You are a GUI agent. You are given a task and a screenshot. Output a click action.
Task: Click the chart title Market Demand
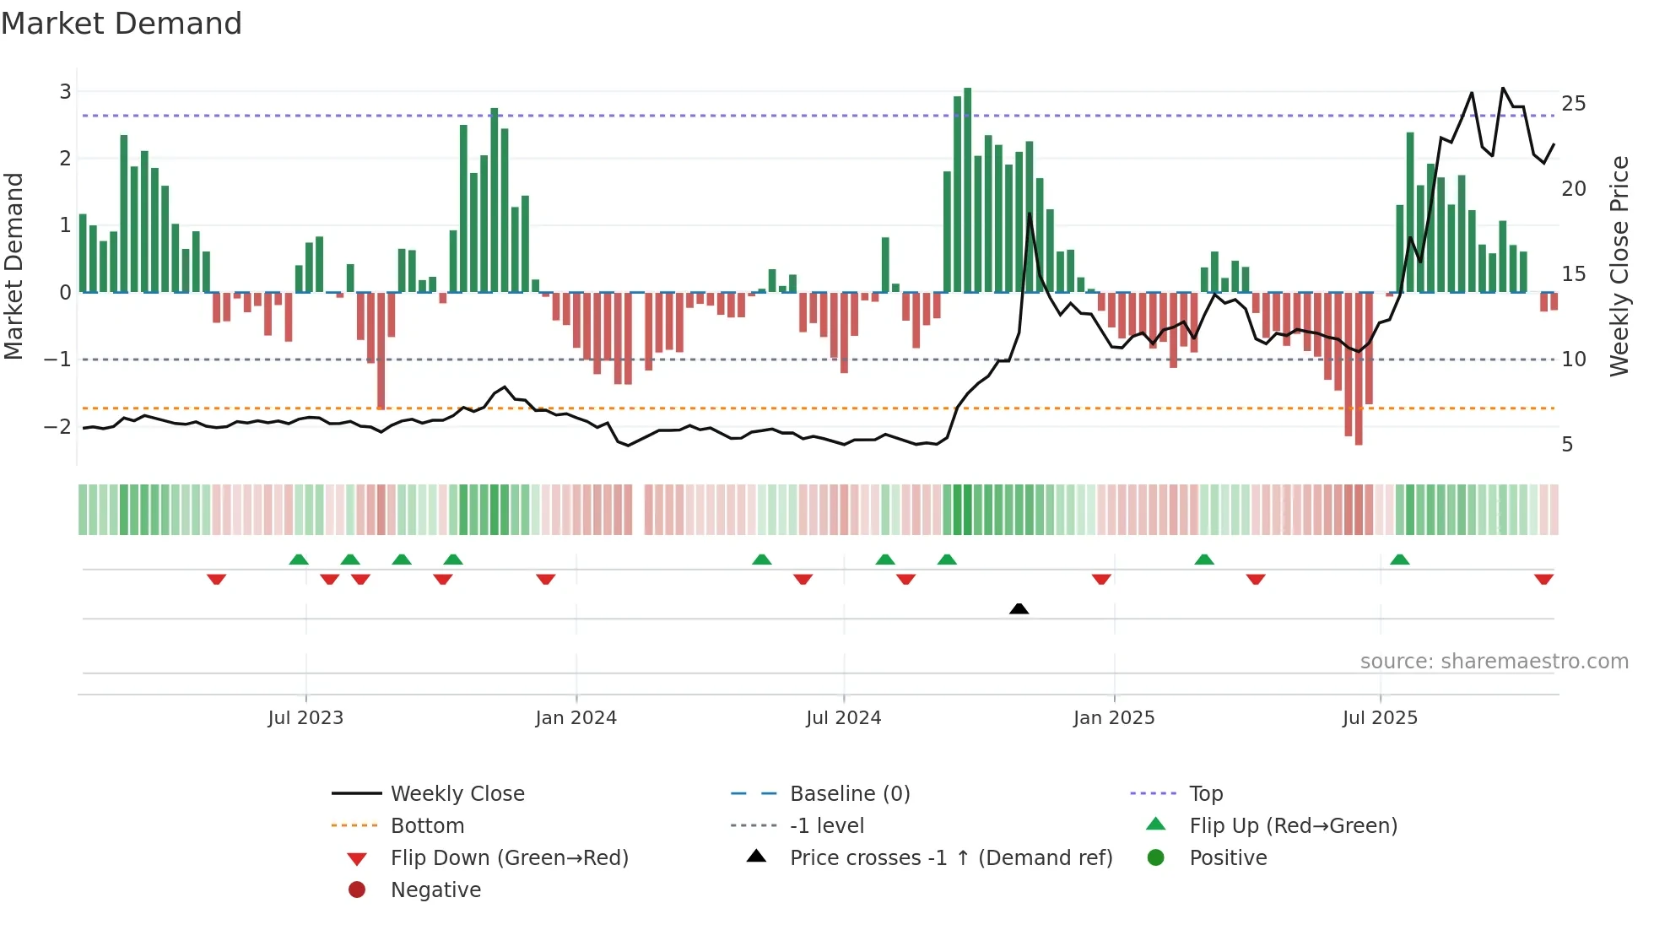[122, 24]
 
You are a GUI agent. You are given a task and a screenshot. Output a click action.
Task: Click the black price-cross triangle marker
[1019, 608]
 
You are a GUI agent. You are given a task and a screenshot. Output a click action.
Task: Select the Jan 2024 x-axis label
[576, 718]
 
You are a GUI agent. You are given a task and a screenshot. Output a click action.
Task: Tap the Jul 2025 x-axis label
[1380, 718]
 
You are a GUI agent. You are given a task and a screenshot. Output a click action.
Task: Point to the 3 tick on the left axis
[65, 91]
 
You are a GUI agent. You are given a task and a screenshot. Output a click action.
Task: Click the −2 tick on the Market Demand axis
[57, 426]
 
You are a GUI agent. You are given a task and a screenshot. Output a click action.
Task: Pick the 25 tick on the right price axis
[1573, 104]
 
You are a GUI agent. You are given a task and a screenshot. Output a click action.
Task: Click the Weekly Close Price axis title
[1619, 266]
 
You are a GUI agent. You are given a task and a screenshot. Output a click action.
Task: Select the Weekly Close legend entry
[457, 793]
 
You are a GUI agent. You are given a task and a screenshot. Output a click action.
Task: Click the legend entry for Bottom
[427, 825]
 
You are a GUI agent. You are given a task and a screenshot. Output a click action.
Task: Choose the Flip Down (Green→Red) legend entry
[509, 857]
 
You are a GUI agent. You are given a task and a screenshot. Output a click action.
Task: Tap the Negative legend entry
[435, 889]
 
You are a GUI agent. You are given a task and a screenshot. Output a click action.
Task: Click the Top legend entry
[1205, 793]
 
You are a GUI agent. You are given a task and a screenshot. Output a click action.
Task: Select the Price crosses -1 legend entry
[950, 857]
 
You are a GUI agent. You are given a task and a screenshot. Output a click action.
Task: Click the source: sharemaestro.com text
[1494, 661]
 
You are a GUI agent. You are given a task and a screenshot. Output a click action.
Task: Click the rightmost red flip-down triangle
[1543, 579]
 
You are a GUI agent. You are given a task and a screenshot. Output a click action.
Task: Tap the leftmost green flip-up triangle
[299, 560]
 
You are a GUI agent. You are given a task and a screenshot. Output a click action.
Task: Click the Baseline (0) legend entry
[849, 793]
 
